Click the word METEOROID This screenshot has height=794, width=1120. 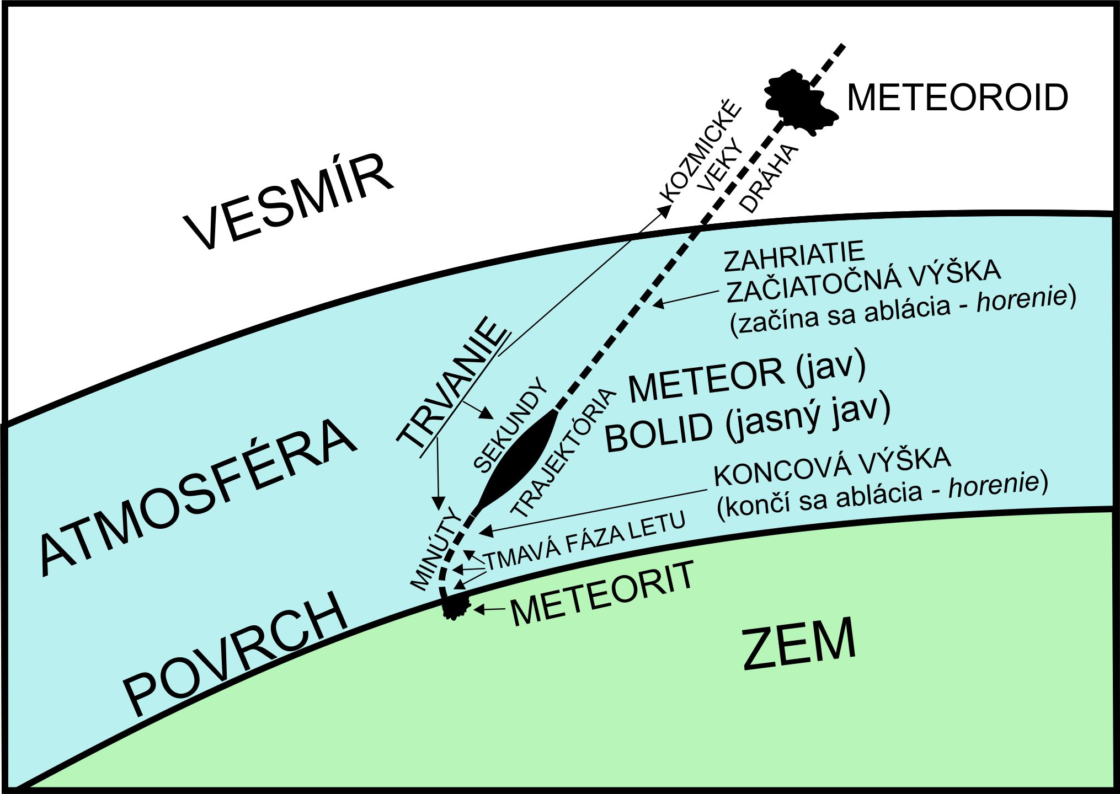pos(957,98)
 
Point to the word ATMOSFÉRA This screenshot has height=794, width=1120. pos(199,496)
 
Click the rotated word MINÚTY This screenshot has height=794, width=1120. pos(436,549)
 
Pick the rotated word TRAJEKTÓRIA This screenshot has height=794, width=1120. pos(563,452)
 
